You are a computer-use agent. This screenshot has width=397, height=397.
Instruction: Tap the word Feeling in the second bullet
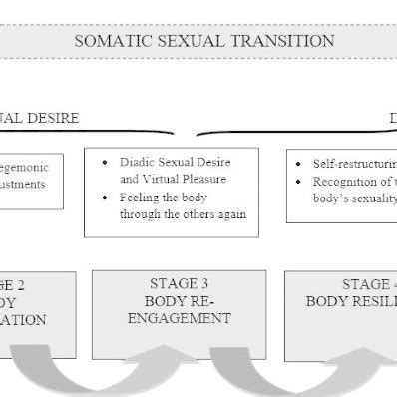point(141,198)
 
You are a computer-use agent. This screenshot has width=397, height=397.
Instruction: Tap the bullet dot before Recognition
point(301,181)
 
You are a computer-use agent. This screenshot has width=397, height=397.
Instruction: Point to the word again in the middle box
point(227,215)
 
